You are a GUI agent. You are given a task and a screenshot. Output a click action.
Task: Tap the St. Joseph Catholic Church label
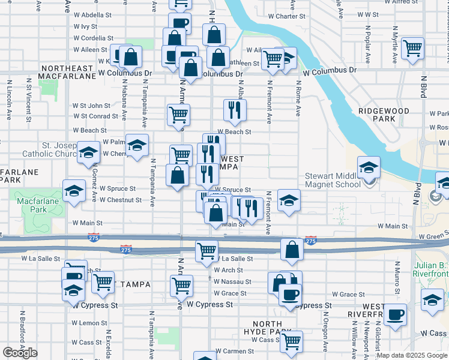click(x=49, y=149)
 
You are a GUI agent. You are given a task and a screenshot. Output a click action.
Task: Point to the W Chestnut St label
click(x=124, y=200)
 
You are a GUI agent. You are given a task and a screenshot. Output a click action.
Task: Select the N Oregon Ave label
click(x=325, y=330)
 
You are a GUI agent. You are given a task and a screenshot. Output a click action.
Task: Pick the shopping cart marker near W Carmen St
click(x=291, y=342)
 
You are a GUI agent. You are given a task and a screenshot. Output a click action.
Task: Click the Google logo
click(x=20, y=353)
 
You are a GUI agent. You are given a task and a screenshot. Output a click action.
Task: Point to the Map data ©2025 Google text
click(x=412, y=355)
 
